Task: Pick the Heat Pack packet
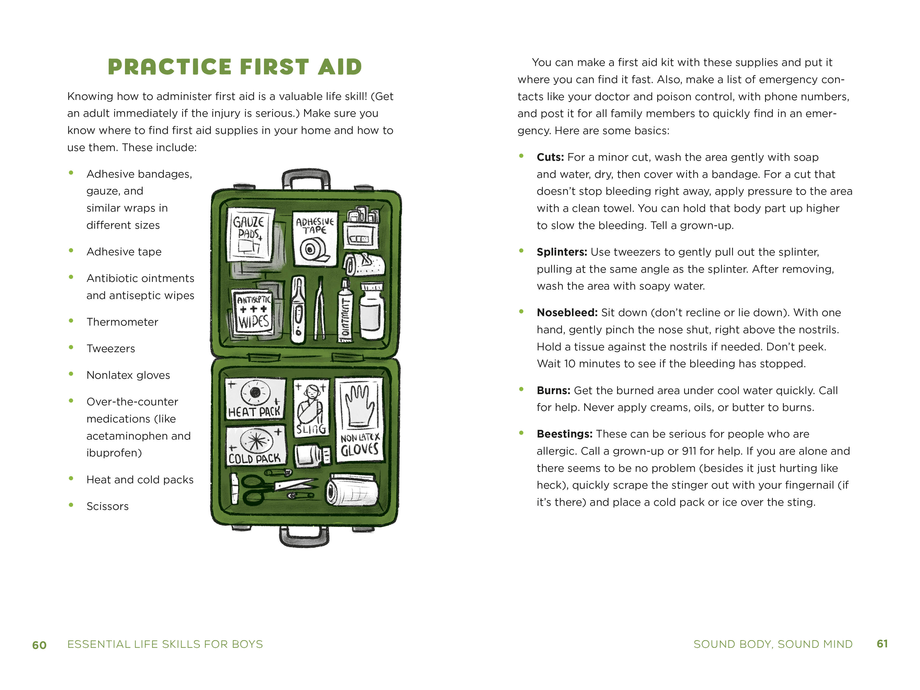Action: click(255, 398)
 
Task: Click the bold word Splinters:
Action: click(561, 252)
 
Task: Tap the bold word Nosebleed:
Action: click(567, 313)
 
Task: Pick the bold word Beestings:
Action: click(564, 434)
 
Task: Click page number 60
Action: click(40, 645)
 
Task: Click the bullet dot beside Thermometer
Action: click(71, 321)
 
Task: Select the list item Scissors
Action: click(107, 507)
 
